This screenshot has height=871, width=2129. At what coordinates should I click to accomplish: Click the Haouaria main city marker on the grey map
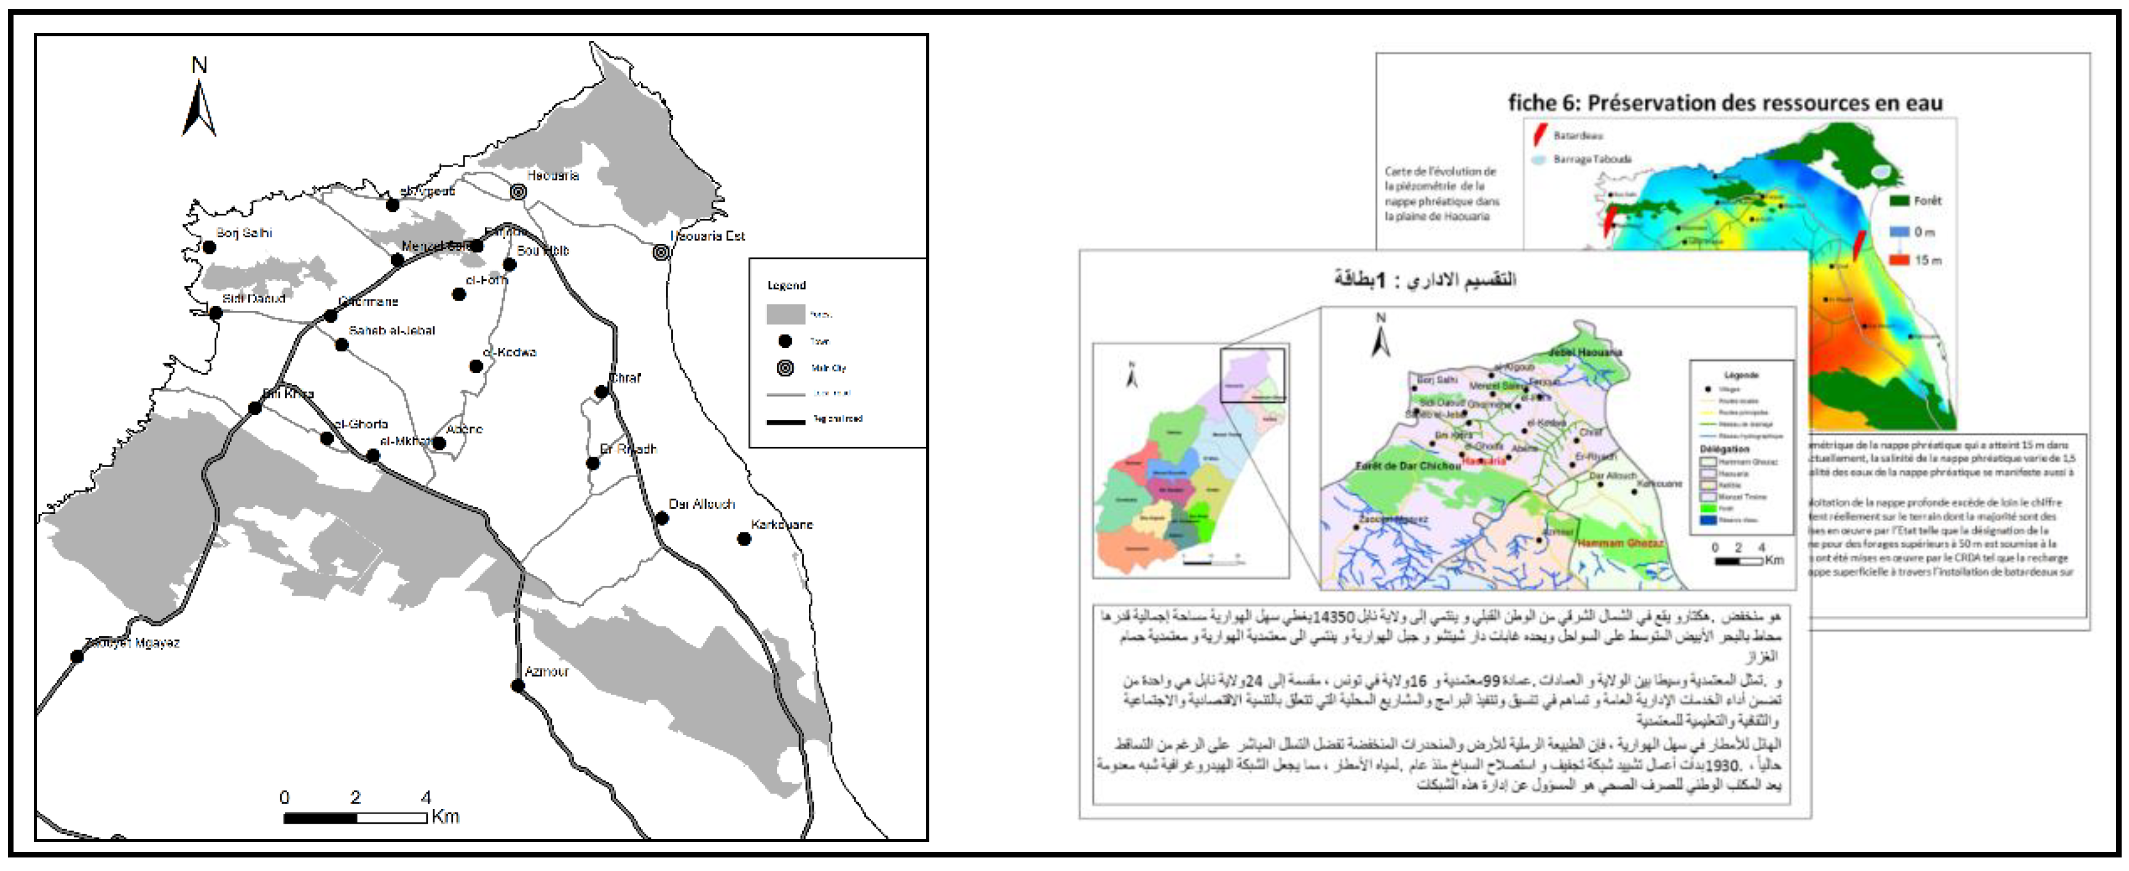tap(518, 192)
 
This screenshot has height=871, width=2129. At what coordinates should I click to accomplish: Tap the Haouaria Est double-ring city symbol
tap(661, 252)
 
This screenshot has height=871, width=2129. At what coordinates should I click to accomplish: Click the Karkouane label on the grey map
tap(781, 524)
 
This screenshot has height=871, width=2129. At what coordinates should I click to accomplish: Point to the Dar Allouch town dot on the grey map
tap(662, 518)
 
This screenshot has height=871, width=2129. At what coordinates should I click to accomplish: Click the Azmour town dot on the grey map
tap(518, 686)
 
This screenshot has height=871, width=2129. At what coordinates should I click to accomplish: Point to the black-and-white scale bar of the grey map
tap(355, 818)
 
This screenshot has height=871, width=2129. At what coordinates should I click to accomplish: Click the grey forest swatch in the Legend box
tap(785, 314)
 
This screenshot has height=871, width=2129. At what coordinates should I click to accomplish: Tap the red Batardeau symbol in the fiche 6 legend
tap(1541, 135)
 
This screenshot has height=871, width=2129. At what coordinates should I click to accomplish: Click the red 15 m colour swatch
tap(1899, 259)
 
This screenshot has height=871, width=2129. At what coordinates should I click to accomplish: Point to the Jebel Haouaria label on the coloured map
tap(1584, 352)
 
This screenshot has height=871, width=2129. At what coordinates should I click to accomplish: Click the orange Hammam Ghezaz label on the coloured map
tap(1620, 543)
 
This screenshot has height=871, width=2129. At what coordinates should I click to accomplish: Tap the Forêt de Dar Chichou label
tap(1407, 466)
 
